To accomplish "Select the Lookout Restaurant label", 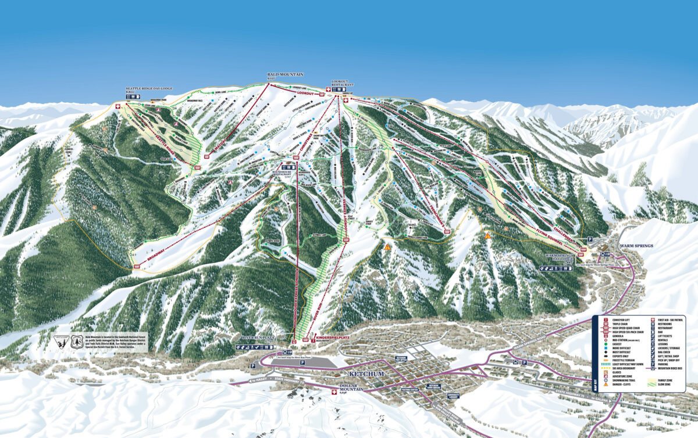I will click(x=343, y=83).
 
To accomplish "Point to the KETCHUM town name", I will click(x=367, y=374).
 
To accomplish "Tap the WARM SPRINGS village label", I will click(x=636, y=246).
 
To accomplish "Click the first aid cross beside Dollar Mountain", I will click(x=334, y=393).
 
